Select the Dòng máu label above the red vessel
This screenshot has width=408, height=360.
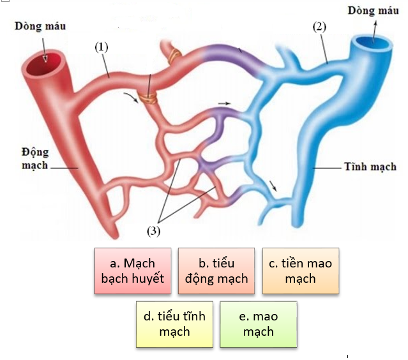coord(40,26)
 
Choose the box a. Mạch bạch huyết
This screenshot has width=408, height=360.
coord(132,271)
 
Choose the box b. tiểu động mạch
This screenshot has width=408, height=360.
coord(216,271)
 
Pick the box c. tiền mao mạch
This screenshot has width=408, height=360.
coord(300,271)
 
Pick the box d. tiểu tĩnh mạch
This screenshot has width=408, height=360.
coord(174,324)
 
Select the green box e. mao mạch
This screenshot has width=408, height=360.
coord(258,324)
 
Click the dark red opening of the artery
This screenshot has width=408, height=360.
coord(45,63)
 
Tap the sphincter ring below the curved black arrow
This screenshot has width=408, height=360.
coord(149,98)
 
